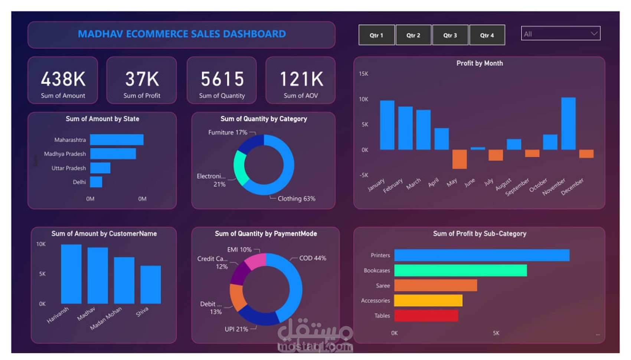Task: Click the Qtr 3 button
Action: coord(450,35)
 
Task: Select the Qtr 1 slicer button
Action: coord(376,35)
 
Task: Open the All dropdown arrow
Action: coord(594,33)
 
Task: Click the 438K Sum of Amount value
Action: coord(63,79)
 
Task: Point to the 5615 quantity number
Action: coord(222,79)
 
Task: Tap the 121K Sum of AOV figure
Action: coord(301,79)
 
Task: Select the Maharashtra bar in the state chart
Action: coord(117,140)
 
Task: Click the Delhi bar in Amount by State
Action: coord(96,182)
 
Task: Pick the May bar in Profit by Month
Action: coord(460,159)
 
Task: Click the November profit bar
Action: coord(568,124)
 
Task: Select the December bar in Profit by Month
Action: coord(586,154)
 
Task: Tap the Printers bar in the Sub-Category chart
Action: coord(481,255)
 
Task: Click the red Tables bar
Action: coord(426,315)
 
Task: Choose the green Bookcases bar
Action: coord(460,271)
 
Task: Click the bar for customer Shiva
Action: coord(150,284)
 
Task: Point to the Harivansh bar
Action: coord(71,274)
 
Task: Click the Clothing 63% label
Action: coord(296,199)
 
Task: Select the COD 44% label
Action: coord(313,258)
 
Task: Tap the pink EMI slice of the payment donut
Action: coord(256,261)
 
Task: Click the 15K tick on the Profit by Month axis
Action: coord(363,74)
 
